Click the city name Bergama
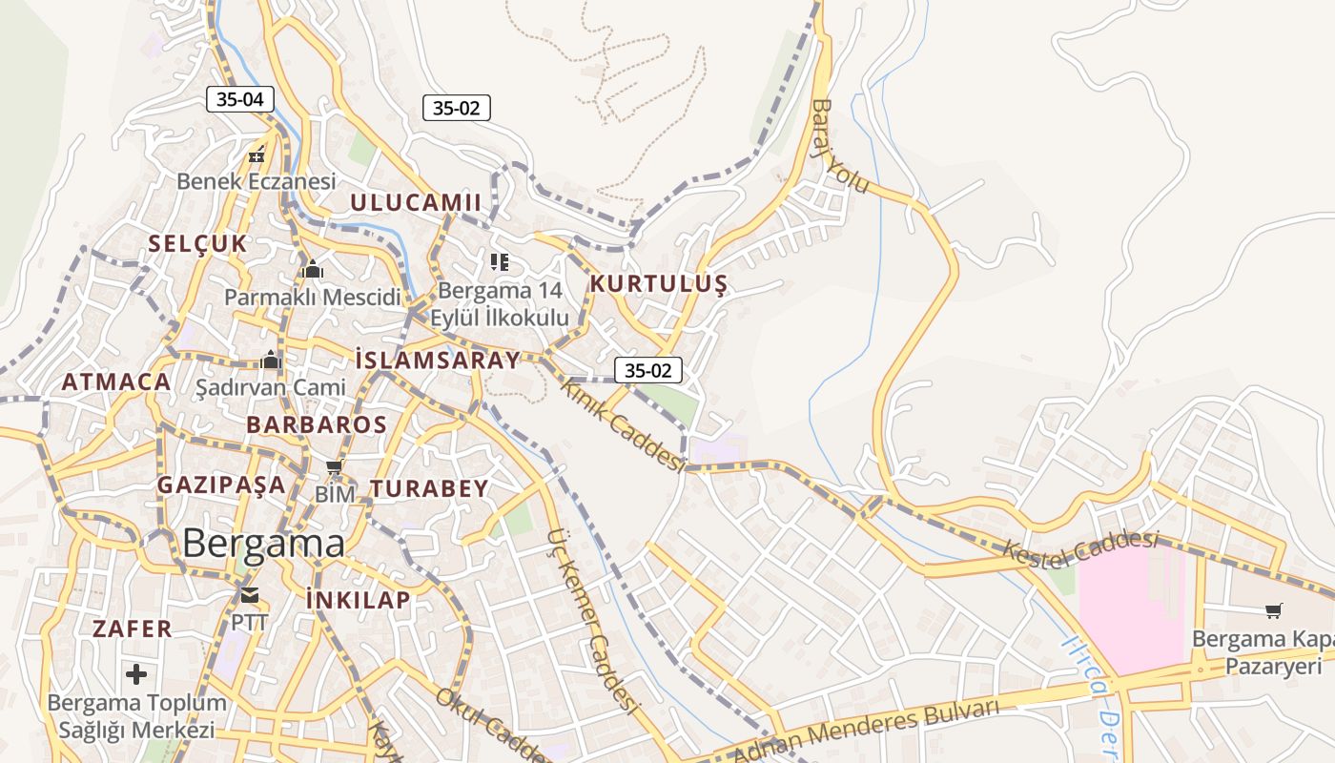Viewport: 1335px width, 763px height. (x=263, y=544)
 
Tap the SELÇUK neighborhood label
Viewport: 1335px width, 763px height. (x=197, y=243)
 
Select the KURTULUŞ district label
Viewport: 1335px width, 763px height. (x=658, y=283)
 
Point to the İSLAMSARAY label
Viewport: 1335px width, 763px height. (x=438, y=360)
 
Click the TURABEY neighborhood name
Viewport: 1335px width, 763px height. (x=429, y=488)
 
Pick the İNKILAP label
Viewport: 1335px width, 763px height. (x=359, y=599)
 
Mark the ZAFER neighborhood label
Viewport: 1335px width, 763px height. (x=132, y=629)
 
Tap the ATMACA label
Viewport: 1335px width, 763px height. (x=116, y=382)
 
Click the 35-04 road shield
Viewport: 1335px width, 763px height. (x=240, y=98)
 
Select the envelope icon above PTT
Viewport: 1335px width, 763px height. (x=250, y=596)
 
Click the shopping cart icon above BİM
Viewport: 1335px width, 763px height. (x=334, y=467)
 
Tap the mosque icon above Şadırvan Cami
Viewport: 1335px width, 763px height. (x=271, y=361)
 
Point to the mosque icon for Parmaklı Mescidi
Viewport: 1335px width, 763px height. (x=312, y=270)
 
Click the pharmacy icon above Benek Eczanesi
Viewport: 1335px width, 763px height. (x=257, y=154)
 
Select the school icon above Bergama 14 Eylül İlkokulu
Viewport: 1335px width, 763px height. (x=500, y=261)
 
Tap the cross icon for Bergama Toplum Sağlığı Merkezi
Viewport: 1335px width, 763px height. (x=136, y=674)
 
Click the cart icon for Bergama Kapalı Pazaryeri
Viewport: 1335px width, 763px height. (x=1273, y=610)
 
